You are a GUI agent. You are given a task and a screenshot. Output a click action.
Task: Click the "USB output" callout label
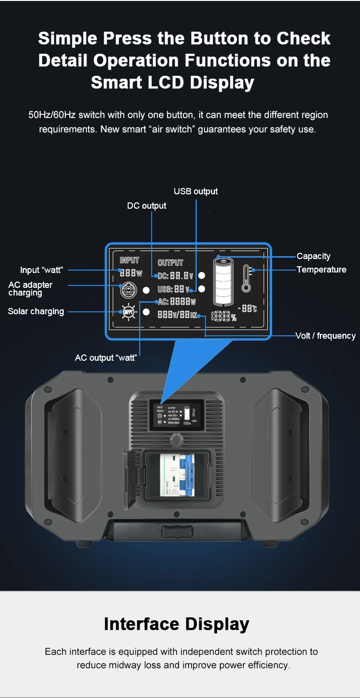pos(195,191)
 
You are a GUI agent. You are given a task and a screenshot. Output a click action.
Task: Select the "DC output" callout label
pos(146,206)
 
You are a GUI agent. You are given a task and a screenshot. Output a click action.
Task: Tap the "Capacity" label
pos(313,256)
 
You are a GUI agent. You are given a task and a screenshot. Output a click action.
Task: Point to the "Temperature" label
pos(321,270)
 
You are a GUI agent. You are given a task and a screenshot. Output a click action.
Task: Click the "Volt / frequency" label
pos(325,336)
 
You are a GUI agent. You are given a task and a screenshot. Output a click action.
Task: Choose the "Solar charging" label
pos(36,311)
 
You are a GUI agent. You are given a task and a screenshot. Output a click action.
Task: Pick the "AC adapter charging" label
pos(30,289)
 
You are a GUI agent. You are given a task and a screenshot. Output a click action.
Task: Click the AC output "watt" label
pos(106,358)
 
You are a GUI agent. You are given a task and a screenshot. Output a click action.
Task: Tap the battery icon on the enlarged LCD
pos(224,281)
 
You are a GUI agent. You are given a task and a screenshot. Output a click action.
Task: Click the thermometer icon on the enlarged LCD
pos(247,279)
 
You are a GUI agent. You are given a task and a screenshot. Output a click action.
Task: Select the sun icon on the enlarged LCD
pos(128,312)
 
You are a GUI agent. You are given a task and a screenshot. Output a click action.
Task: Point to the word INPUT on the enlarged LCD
pos(129,260)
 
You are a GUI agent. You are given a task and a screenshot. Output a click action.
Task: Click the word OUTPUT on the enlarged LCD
pos(170,262)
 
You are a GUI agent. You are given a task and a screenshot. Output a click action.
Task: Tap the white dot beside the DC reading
pos(202,275)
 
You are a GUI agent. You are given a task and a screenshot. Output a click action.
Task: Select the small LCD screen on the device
pos(176,414)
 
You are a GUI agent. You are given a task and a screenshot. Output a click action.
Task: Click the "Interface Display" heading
pos(177,624)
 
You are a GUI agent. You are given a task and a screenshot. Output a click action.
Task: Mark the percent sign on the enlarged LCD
pos(233,317)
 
